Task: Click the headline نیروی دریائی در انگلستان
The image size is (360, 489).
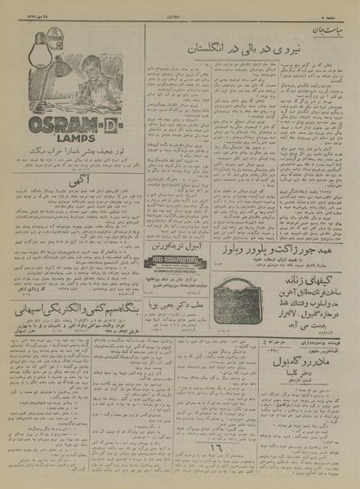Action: [x=238, y=50]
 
